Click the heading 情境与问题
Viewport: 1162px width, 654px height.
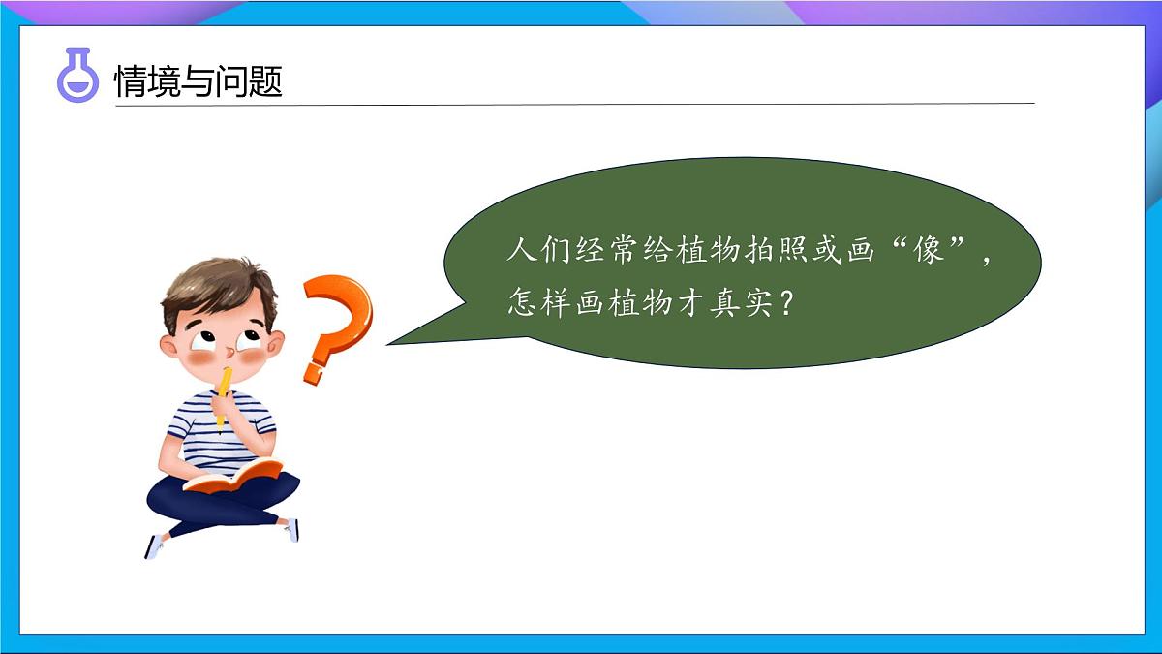[198, 81]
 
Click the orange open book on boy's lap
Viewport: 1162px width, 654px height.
[233, 475]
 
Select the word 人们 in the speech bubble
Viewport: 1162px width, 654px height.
[539, 251]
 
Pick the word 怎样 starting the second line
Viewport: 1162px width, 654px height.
[539, 303]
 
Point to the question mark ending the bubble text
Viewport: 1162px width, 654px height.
[787, 303]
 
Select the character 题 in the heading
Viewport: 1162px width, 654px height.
[265, 81]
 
